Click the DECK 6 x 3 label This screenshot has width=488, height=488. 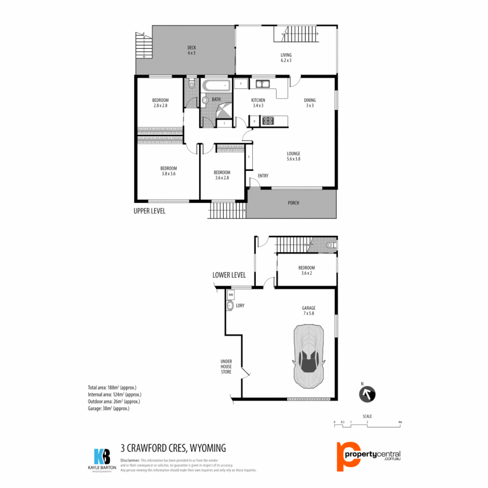point(192,50)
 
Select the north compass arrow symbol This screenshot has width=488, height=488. point(367,394)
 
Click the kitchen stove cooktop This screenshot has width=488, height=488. point(268,121)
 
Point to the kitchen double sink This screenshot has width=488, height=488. point(262,84)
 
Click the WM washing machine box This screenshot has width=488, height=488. point(231,295)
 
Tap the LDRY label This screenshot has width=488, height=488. point(240,306)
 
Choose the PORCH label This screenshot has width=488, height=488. point(293,203)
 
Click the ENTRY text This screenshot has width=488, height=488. point(263,176)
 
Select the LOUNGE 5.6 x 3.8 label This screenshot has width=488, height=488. point(293,156)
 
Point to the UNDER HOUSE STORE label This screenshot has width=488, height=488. point(226,366)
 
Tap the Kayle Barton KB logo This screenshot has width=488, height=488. point(102,458)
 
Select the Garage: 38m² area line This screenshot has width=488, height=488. point(108,408)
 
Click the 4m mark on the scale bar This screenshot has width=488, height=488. point(400,422)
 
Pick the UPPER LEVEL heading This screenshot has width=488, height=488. point(150,211)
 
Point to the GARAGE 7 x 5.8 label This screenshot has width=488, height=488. point(309,310)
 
